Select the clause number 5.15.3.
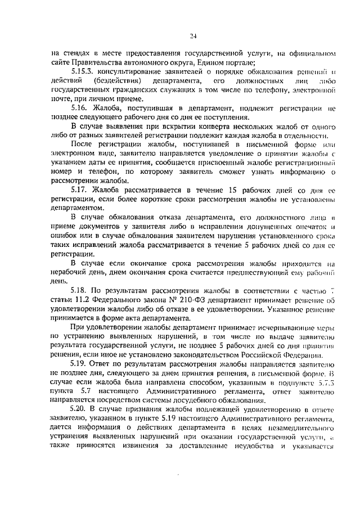tap(83, 72)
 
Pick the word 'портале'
tap(239, 62)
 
